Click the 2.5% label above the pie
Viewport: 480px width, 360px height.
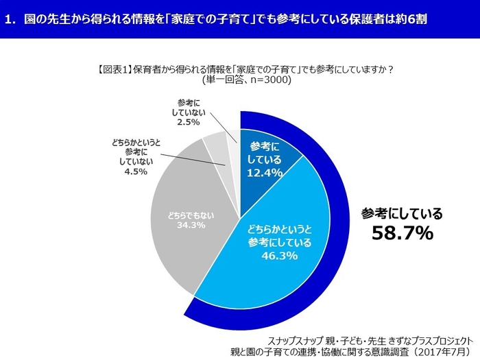[187, 122]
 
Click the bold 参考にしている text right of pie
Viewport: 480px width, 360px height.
[402, 213]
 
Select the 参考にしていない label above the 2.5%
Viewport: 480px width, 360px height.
[187, 107]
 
